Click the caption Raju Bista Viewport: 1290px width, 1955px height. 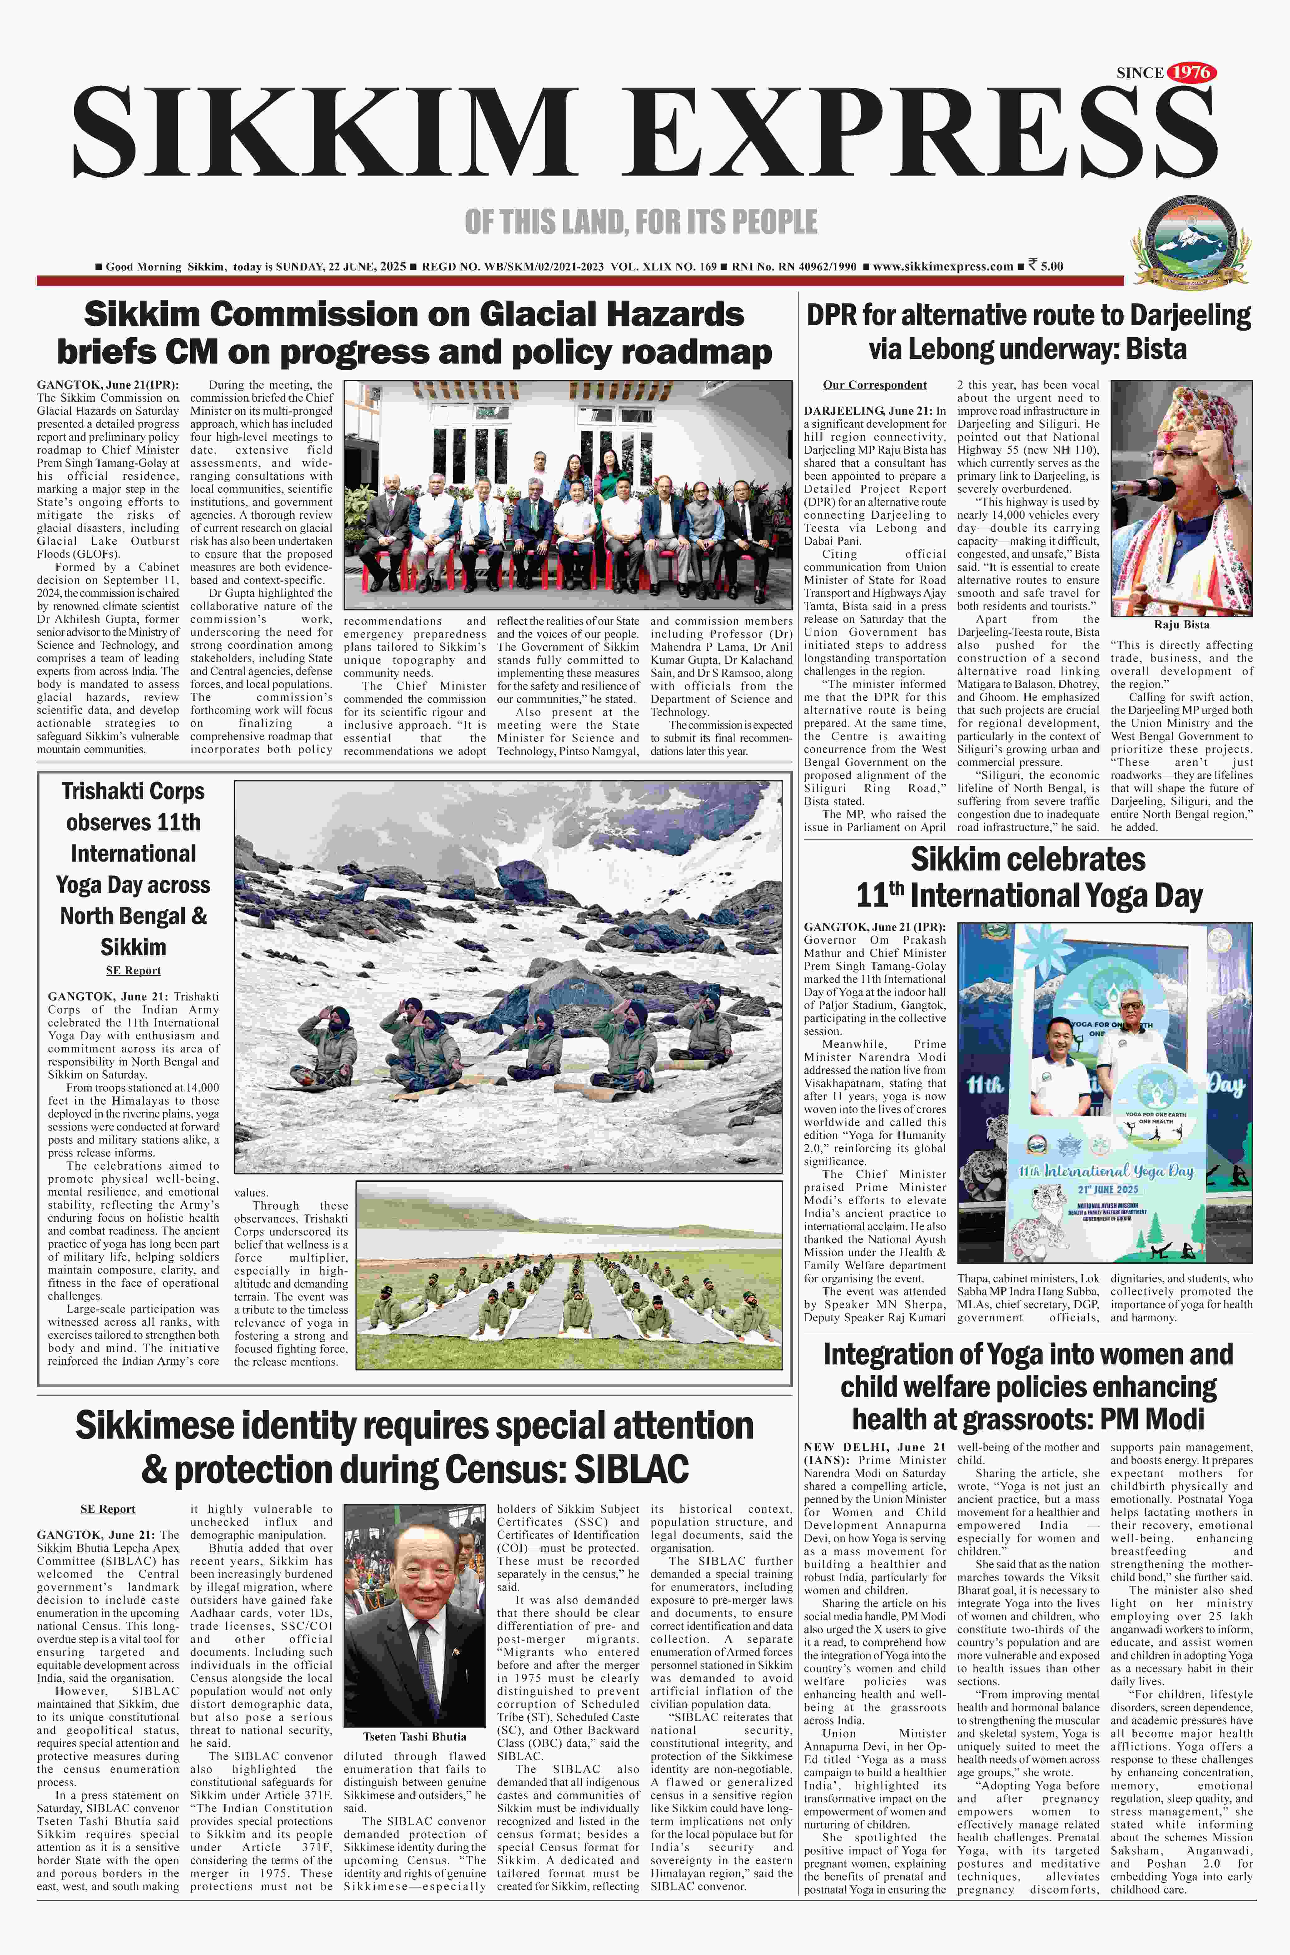pyautogui.click(x=1181, y=624)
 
